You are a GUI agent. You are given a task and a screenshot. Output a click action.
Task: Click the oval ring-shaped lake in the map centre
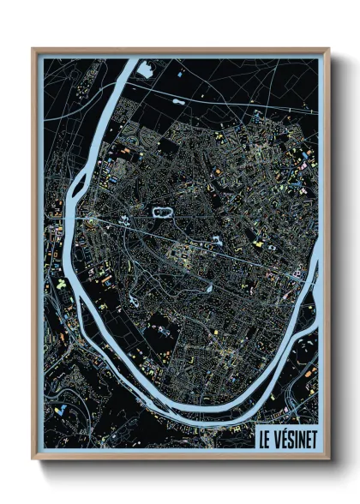161,210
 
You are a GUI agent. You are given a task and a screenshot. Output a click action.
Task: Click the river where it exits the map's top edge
128,62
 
